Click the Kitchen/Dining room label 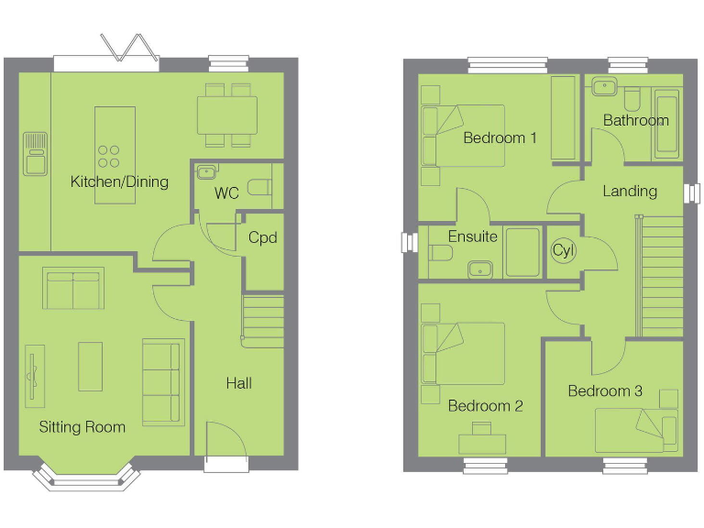tap(119, 181)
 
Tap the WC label tap(226, 194)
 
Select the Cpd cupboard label tap(262, 237)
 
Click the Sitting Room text tap(82, 427)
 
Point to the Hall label tap(239, 383)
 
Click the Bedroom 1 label tap(500, 138)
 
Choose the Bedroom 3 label tap(605, 391)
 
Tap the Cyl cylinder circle tap(562, 250)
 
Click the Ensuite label tap(472, 236)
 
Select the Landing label tap(630, 192)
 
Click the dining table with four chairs tap(227, 115)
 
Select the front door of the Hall tap(225, 447)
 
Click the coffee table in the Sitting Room tap(90, 366)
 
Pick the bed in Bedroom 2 tap(464, 353)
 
